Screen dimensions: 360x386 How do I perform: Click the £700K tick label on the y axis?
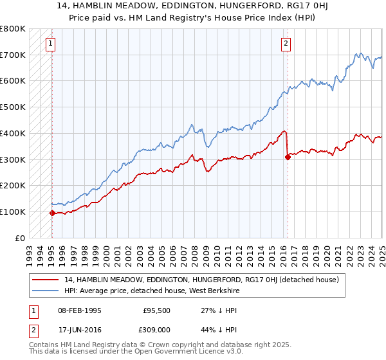click(x=12, y=55)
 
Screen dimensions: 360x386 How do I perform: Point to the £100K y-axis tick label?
click(x=12, y=212)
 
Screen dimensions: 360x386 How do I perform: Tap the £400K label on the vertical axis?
click(x=12, y=133)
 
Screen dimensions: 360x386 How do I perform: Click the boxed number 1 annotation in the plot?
click(x=51, y=44)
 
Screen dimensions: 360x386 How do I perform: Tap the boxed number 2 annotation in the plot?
click(x=286, y=44)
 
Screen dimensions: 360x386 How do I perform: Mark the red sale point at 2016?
click(x=288, y=157)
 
